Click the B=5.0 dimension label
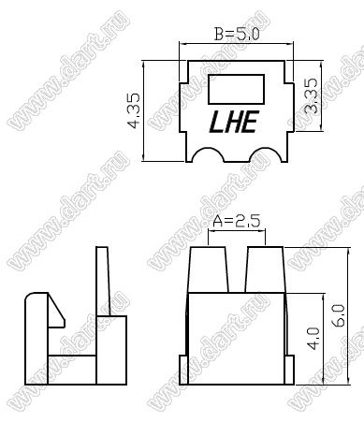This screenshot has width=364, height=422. point(237,34)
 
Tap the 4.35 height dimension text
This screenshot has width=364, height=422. point(135,111)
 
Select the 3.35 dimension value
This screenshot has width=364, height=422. point(311,95)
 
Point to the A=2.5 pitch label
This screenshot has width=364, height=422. point(236,221)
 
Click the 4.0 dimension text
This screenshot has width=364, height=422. point(313,339)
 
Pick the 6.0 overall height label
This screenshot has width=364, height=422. point(339,315)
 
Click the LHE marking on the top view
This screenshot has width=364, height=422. point(234,122)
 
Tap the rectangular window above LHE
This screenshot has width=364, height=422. point(236,89)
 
